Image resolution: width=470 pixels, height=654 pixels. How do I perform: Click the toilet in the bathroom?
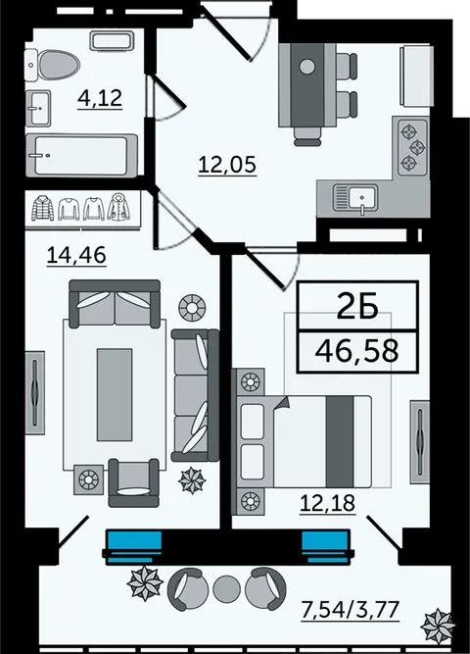click(x=53, y=66)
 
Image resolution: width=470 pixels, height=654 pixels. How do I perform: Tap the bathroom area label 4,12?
click(x=100, y=98)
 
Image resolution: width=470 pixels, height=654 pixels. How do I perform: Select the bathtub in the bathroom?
click(x=81, y=155)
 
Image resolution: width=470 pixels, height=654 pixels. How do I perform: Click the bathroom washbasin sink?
click(x=38, y=108)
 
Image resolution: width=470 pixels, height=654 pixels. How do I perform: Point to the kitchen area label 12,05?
click(x=227, y=164)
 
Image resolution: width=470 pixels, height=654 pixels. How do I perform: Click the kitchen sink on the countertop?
click(x=355, y=198)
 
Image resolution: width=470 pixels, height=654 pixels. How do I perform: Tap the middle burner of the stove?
click(x=417, y=146)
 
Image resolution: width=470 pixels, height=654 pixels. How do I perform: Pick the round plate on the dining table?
click(x=307, y=67)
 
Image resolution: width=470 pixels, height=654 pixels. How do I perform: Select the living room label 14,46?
click(x=76, y=255)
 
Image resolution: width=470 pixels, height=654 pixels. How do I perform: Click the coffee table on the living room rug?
click(x=115, y=394)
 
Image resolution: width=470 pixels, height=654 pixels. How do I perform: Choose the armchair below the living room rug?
click(x=133, y=482)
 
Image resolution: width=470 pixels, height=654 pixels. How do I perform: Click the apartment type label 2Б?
click(x=357, y=308)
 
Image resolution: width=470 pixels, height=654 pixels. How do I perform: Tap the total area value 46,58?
click(x=357, y=351)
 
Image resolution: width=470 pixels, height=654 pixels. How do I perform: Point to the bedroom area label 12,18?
click(x=327, y=503)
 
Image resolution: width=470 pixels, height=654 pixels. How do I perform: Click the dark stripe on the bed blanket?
click(x=340, y=441)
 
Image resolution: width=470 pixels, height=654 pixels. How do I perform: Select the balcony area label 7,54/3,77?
click(x=350, y=609)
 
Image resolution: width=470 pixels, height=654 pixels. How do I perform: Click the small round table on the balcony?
click(x=226, y=587)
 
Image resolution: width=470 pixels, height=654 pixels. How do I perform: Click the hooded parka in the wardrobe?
click(x=119, y=207)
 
